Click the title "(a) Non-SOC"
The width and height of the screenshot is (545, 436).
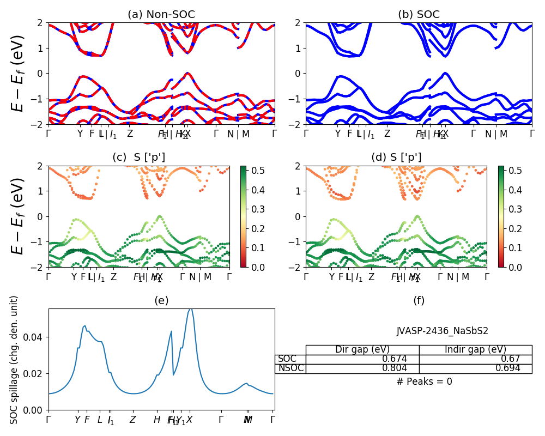(x=161, y=15)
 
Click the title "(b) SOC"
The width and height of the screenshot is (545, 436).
(x=419, y=15)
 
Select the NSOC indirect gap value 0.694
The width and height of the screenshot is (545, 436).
(x=506, y=368)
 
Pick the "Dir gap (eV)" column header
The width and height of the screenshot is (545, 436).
(x=362, y=350)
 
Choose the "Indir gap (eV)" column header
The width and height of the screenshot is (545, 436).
(x=475, y=350)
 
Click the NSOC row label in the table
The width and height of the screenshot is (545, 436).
(x=290, y=368)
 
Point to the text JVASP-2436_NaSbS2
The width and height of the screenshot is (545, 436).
(x=434, y=331)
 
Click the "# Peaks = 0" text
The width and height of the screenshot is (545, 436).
(x=424, y=381)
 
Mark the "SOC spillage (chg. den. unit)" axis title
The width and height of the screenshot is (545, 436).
(x=15, y=360)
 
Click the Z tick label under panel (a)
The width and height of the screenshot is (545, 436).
(x=130, y=134)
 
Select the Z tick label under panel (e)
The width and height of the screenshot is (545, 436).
(x=132, y=420)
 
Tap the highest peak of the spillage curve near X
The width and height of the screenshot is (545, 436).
(x=190, y=309)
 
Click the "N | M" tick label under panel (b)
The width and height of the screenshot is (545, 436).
(x=496, y=134)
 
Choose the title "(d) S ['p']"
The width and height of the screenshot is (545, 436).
(x=396, y=158)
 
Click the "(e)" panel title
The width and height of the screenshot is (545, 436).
(x=161, y=300)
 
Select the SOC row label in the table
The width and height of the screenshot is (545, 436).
(x=287, y=359)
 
